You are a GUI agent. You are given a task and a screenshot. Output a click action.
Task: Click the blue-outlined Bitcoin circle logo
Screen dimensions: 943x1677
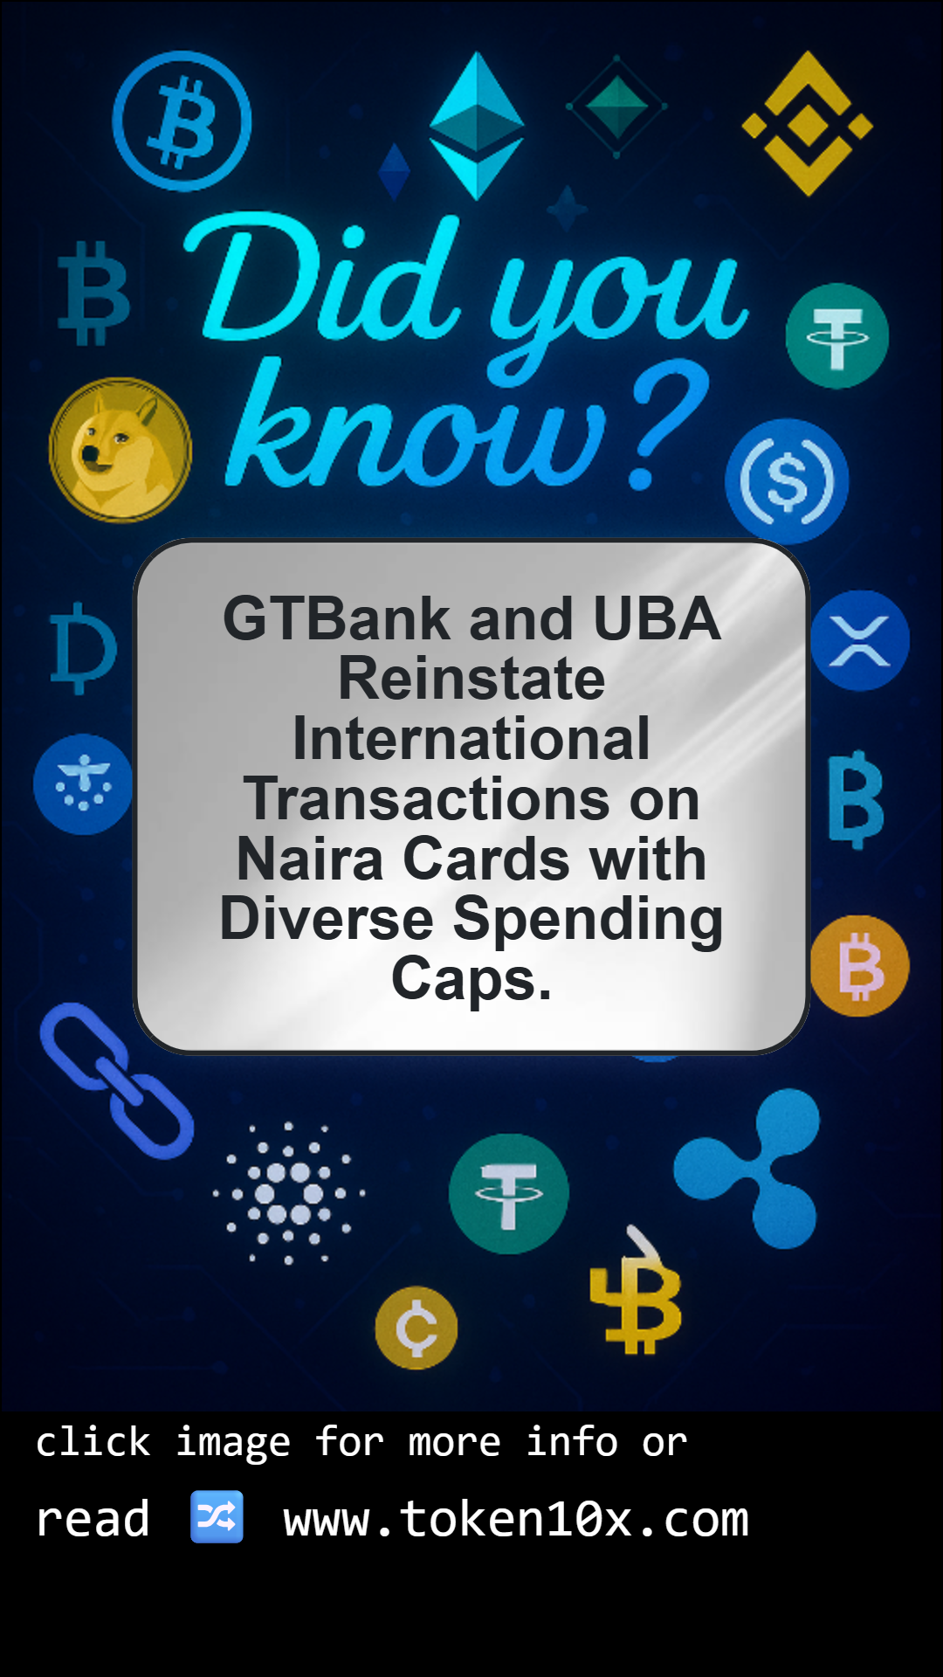[182, 121]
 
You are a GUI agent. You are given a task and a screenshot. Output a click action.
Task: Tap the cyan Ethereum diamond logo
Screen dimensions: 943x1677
[477, 125]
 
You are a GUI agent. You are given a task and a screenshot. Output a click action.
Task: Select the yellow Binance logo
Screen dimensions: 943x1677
[808, 124]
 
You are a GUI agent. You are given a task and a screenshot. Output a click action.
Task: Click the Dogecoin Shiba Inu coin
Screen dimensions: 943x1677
[120, 450]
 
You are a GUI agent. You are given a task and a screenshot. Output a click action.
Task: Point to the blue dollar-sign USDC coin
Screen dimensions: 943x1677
[787, 481]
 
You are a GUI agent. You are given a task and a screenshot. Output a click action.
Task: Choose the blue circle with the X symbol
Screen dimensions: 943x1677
[860, 640]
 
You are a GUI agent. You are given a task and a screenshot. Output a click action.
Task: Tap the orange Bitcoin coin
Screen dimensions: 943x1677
[860, 966]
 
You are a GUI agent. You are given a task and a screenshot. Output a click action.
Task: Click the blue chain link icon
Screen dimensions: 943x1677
[116, 1081]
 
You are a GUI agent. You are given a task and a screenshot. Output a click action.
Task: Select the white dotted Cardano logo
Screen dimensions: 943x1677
[289, 1193]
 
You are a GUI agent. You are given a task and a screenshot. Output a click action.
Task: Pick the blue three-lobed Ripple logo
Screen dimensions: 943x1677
[749, 1169]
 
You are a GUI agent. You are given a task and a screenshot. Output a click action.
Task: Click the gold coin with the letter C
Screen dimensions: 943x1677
[416, 1328]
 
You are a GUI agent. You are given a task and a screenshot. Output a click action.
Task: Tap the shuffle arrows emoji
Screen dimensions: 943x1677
[217, 1517]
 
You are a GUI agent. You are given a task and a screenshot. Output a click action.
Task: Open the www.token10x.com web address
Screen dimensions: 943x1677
[516, 1519]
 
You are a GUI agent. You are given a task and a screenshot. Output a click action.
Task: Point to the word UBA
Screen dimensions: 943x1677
[657, 618]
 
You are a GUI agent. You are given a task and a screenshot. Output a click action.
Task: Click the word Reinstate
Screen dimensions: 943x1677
[471, 679]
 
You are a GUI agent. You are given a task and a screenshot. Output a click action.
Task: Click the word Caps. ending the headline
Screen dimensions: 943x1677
[471, 979]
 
